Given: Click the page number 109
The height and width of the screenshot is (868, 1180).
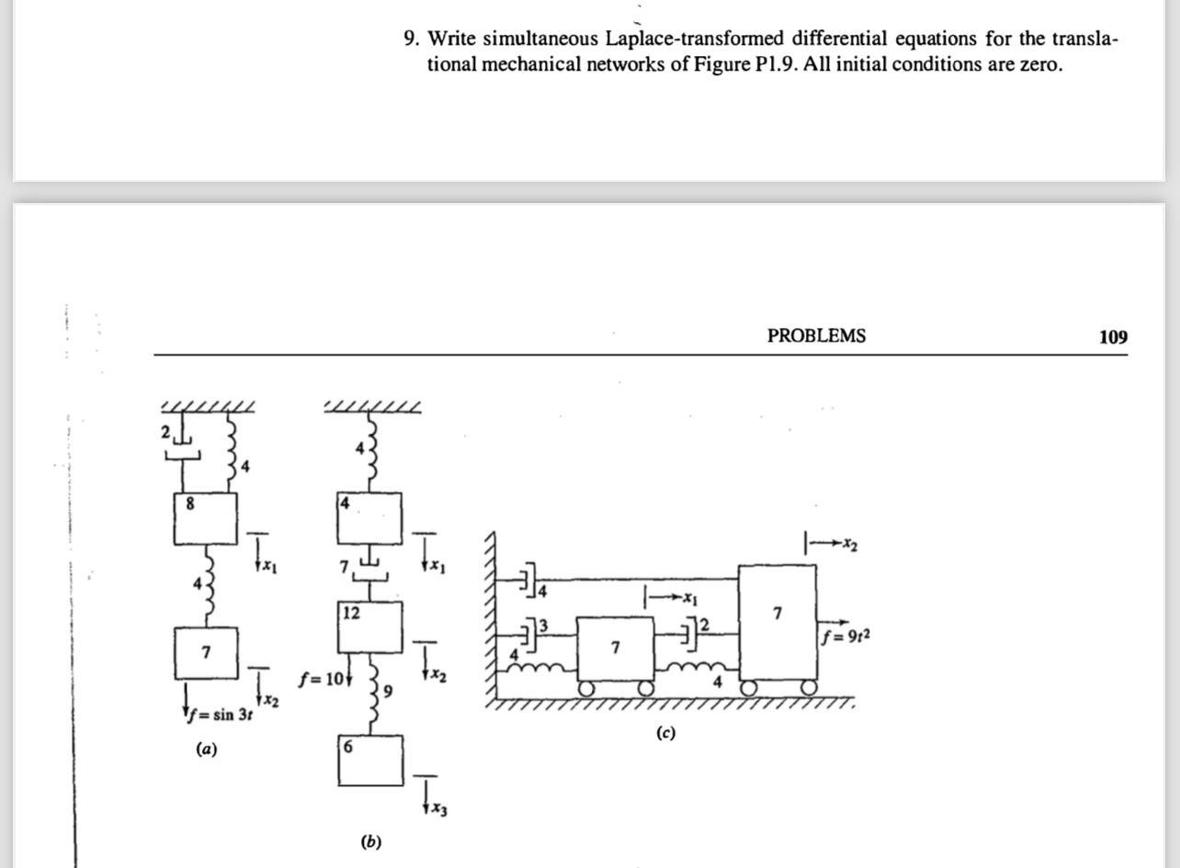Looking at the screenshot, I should pyautogui.click(x=1112, y=336).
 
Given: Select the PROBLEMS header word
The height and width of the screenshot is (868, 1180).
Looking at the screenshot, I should pyautogui.click(x=816, y=336).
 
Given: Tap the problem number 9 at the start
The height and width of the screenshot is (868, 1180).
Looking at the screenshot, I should pyautogui.click(x=410, y=39).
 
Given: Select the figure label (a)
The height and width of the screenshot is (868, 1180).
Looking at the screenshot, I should pyautogui.click(x=207, y=750).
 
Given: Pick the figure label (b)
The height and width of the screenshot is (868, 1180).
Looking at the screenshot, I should pyautogui.click(x=371, y=841).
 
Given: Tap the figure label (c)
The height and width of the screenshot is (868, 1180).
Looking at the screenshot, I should pyautogui.click(x=665, y=733).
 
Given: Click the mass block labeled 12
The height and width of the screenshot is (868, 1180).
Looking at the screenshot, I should pyautogui.click(x=369, y=626).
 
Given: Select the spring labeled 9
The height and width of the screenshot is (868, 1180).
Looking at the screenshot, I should pyautogui.click(x=373, y=687).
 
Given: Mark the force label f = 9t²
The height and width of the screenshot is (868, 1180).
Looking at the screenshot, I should pyautogui.click(x=844, y=634).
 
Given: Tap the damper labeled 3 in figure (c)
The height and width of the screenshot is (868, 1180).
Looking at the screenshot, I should pyautogui.click(x=529, y=632).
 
